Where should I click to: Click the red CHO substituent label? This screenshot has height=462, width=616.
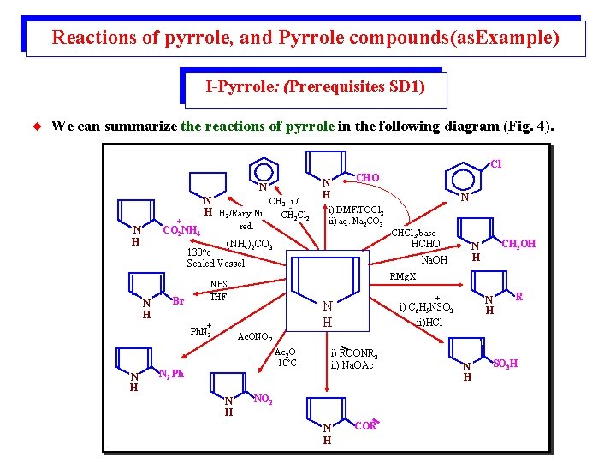(367, 177)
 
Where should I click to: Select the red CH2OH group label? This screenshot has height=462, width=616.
(518, 244)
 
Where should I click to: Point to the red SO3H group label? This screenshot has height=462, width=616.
(507, 364)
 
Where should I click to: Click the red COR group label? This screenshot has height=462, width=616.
(366, 424)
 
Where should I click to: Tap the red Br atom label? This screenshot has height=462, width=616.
(178, 300)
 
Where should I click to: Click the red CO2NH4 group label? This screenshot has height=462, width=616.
(181, 230)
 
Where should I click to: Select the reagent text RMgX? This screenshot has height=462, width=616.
(402, 276)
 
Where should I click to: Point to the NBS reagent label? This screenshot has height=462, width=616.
(220, 286)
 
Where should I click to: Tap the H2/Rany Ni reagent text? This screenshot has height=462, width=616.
(240, 214)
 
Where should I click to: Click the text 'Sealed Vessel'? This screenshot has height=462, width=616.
(216, 264)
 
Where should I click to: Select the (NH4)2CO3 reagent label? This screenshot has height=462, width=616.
(249, 245)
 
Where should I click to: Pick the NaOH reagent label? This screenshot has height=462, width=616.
(434, 259)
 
